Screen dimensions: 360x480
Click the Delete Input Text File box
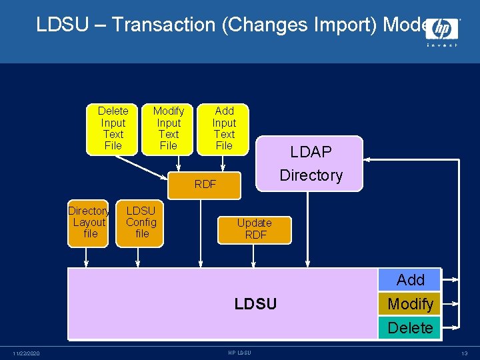[x=112, y=129]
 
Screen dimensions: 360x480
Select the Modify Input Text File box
[x=168, y=129]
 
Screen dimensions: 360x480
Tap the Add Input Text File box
[x=224, y=129]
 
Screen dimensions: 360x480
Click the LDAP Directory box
[x=311, y=163]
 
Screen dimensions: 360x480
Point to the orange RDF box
[x=205, y=185]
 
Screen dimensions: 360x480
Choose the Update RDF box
[x=255, y=229]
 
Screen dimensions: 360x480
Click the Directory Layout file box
[x=89, y=223]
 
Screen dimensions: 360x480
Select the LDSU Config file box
[x=141, y=223]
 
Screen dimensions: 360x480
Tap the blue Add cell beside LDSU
[x=410, y=280]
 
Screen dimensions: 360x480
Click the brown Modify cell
[x=410, y=304]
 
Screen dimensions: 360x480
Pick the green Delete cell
[x=410, y=328]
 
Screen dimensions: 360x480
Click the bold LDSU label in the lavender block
[x=255, y=304]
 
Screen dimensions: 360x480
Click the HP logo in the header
[x=441, y=29]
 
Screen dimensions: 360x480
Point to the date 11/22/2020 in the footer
[x=26, y=353]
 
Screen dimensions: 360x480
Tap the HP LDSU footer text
[x=239, y=353]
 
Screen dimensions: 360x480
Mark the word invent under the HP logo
[x=442, y=45]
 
